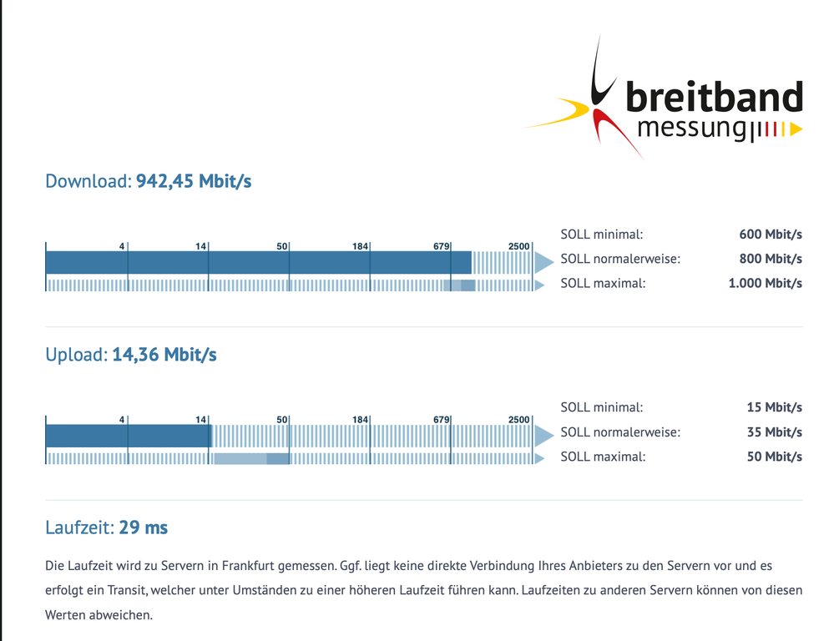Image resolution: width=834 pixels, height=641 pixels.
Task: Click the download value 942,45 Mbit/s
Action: click(194, 181)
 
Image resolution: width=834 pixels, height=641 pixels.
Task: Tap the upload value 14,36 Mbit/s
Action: click(164, 355)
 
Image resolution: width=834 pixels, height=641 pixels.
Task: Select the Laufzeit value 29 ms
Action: click(143, 527)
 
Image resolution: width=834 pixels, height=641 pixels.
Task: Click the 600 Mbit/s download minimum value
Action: click(770, 235)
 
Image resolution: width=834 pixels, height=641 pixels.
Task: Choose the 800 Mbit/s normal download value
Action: click(770, 259)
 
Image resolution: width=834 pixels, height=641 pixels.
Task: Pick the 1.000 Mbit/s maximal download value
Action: click(765, 283)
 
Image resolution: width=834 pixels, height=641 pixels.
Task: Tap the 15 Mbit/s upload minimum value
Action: click(774, 407)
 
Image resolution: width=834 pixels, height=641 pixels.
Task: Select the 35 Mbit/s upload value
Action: click(774, 432)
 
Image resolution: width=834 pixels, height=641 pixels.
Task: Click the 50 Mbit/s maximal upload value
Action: click(774, 457)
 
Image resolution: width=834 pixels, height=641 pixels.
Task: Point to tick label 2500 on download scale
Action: click(518, 246)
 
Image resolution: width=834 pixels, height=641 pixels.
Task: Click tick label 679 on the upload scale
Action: click(442, 419)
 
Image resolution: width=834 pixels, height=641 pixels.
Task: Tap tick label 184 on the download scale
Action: click(361, 246)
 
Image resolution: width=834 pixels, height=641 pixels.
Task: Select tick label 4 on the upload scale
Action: click(122, 419)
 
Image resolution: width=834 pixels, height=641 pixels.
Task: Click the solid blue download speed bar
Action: click(258, 263)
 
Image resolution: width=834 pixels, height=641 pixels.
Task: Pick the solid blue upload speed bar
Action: click(127, 436)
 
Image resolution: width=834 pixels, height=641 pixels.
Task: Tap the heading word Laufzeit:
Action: click(79, 527)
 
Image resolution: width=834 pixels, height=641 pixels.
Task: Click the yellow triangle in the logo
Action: click(796, 129)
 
